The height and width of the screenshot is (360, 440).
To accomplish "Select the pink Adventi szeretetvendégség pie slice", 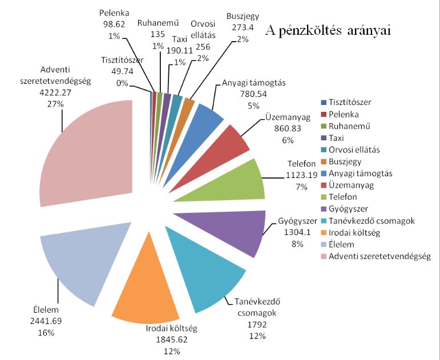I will click(x=91, y=154).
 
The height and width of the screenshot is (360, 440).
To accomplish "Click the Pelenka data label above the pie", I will click(x=114, y=11).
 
